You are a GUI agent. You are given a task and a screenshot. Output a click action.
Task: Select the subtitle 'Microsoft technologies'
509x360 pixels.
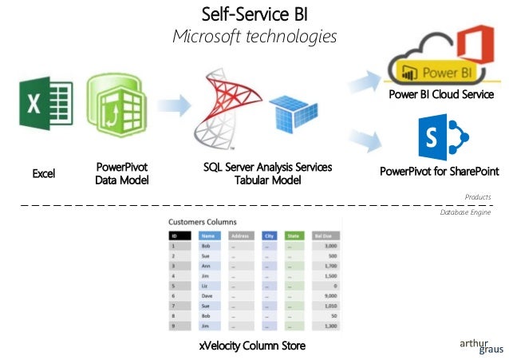tap(254, 37)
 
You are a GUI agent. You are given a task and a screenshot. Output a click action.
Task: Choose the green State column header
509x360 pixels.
tap(294, 236)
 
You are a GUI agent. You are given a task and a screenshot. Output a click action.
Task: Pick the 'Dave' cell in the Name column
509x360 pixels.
tap(209, 295)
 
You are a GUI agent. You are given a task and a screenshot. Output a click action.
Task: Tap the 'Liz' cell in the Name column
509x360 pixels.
tap(207, 283)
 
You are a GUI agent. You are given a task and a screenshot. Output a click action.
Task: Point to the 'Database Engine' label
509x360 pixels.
tap(465, 213)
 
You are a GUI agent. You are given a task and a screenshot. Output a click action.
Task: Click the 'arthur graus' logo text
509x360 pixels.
tap(475, 345)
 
